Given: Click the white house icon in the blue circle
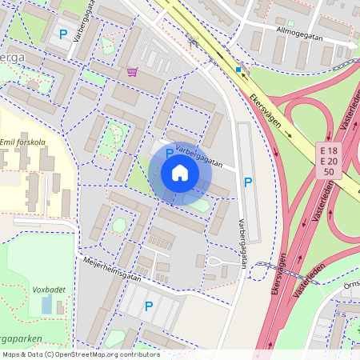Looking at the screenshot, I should click(x=180, y=173).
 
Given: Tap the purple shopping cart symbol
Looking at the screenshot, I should click(x=132, y=71).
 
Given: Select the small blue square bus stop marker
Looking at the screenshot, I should click(x=238, y=70).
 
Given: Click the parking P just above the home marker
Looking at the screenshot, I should click(x=170, y=152).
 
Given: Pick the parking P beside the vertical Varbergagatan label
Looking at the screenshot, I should click(x=248, y=183).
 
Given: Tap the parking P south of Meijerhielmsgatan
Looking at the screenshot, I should click(x=149, y=305).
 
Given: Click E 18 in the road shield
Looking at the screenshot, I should click(x=328, y=151).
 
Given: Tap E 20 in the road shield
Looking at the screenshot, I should click(x=328, y=162).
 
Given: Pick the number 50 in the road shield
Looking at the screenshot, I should click(x=328, y=173).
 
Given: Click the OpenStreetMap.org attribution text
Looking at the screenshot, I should click(x=92, y=354).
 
